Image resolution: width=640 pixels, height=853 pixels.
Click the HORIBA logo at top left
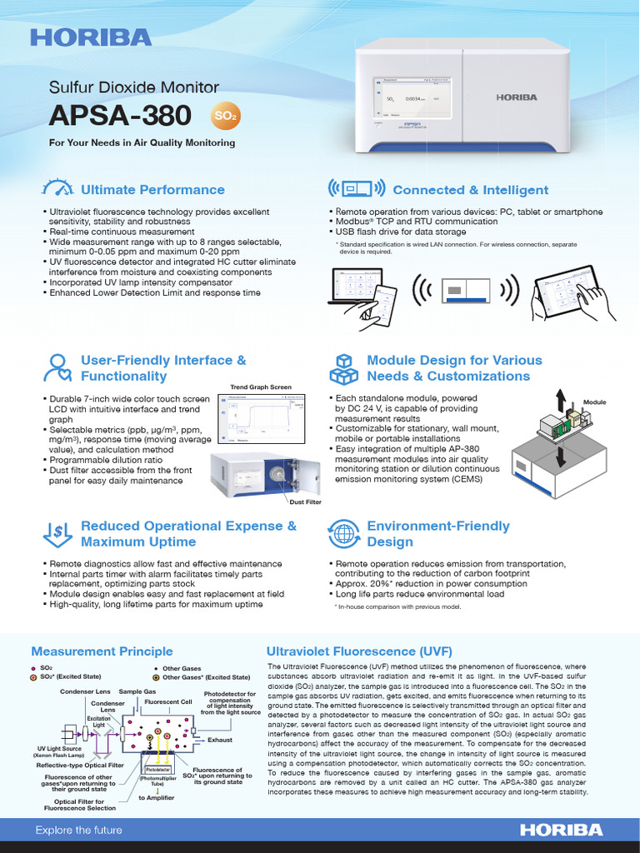pyautogui.click(x=92, y=37)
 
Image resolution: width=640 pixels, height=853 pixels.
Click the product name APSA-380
pyautogui.click(x=120, y=115)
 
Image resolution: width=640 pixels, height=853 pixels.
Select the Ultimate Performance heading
pyautogui.click(x=152, y=190)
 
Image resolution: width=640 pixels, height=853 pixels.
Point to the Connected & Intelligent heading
pyautogui.click(x=470, y=190)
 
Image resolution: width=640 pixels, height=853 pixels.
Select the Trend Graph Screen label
pyautogui.click(x=261, y=387)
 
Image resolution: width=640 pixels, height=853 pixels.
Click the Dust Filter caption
pyautogui.click(x=305, y=501)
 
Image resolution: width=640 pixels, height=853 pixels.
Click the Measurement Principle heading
pyautogui.click(x=90, y=651)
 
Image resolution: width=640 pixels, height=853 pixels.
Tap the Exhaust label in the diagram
pyautogui.click(x=220, y=740)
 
